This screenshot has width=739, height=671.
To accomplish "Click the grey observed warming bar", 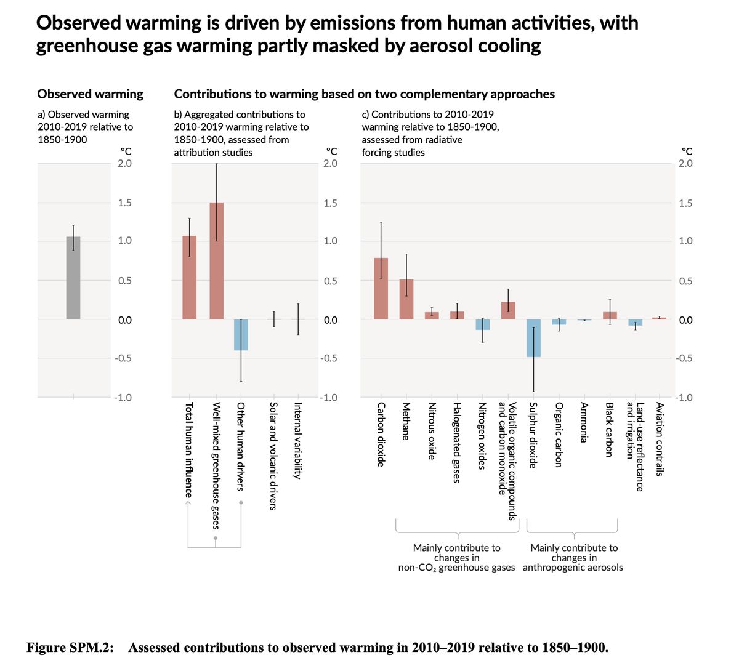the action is [x=73, y=278].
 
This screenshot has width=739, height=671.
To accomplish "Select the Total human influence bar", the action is [x=189, y=277].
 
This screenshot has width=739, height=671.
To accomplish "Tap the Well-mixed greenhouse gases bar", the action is [x=217, y=261].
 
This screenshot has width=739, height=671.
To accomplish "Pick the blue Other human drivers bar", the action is [x=241, y=335].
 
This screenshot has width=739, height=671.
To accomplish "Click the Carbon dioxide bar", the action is [x=381, y=288].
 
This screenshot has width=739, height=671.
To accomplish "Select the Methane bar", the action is [x=406, y=299].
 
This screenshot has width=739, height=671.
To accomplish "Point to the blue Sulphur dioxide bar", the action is [x=533, y=338].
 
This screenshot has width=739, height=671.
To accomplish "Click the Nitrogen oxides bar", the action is [x=483, y=324].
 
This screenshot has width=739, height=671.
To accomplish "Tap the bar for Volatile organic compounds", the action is [x=508, y=310].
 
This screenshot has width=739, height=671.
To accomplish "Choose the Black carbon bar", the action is [x=610, y=316].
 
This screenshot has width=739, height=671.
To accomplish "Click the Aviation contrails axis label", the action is [x=660, y=439].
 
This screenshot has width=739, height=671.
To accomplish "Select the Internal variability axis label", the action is [x=297, y=440].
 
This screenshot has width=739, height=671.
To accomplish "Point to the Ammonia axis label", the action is [x=584, y=422].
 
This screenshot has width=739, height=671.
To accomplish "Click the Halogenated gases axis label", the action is [x=457, y=442].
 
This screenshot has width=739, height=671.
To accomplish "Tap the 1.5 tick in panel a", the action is [x=124, y=203].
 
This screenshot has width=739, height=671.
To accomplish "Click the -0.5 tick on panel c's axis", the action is [x=684, y=358].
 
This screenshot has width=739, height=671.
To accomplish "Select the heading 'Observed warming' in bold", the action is [x=91, y=94].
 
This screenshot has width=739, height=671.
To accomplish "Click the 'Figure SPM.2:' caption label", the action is [x=70, y=648].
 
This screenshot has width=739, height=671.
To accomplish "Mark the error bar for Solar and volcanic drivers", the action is [x=273, y=319].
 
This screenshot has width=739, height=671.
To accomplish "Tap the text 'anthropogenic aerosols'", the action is [x=573, y=567].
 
